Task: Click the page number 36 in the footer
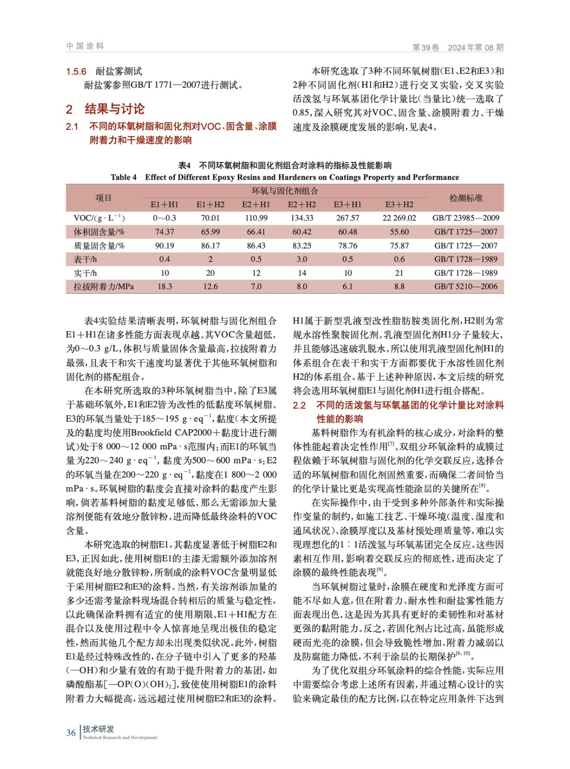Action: coord(71,732)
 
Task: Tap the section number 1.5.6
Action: coord(76,72)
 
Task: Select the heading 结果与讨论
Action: coord(114,109)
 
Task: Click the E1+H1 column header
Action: coord(164,204)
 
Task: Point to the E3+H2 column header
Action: coord(399,204)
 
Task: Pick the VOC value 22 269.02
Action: coord(399,218)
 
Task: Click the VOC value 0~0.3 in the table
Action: coord(164,218)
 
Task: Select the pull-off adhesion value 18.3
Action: coord(164,286)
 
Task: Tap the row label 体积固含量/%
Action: coord(99,232)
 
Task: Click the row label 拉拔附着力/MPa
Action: coord(103,286)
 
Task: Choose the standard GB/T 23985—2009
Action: coord(465,218)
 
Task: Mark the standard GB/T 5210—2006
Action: coord(465,286)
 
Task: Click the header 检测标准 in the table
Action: coord(466,198)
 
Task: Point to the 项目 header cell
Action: coord(103,198)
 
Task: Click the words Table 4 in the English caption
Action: coord(123,177)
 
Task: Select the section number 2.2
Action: coord(299,405)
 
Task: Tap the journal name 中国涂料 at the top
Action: coord(85,46)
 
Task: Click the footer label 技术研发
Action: coord(98,729)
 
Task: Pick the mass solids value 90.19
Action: coord(164,246)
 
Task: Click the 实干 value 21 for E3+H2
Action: coord(399,273)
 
